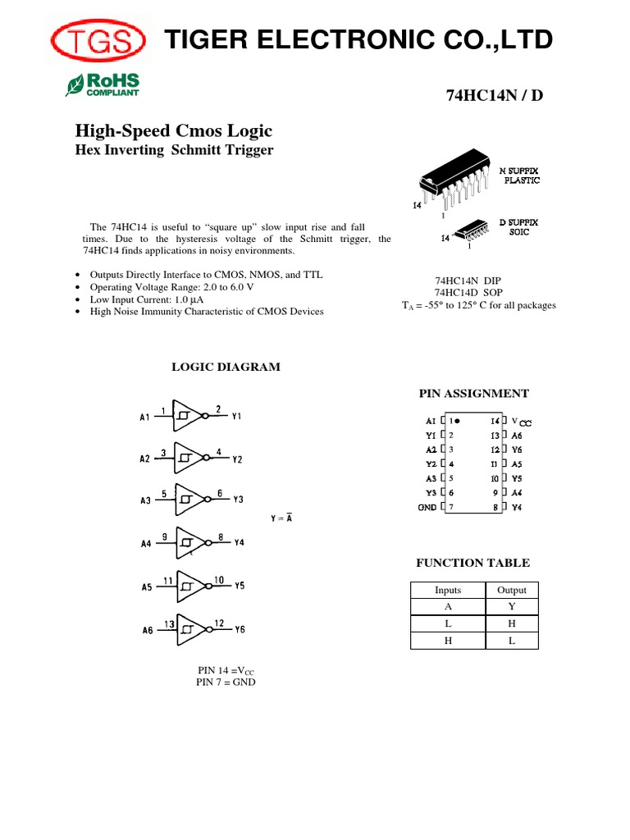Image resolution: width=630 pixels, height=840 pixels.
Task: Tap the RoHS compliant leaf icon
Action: pos(75,84)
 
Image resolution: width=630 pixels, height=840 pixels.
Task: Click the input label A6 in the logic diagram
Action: pos(147,630)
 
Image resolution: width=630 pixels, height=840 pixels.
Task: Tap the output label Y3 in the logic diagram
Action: pos(238,500)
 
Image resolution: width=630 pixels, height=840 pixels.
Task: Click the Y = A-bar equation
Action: pos(281,518)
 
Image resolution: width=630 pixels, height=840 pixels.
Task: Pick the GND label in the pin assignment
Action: pos(427,507)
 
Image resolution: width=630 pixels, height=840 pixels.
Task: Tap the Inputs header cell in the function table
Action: pos(448,590)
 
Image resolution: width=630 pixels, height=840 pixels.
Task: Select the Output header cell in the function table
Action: pos(512,590)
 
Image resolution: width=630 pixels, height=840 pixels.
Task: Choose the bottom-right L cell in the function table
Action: pos(512,641)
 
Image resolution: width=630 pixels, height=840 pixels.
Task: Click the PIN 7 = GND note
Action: pos(226,682)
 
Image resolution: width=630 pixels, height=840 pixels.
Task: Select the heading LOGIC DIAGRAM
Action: pos(226,367)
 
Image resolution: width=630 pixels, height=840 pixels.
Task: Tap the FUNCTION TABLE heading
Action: pos(472,563)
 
